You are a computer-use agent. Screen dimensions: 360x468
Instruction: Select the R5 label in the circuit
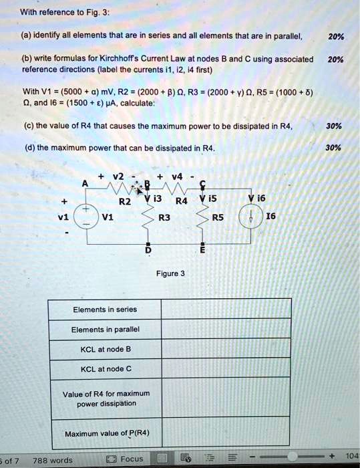pyautogui.click(x=218, y=217)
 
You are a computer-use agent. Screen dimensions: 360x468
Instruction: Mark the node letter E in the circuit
pyautogui.click(x=202, y=250)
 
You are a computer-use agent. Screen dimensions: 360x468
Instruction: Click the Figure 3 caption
pyautogui.click(x=169, y=273)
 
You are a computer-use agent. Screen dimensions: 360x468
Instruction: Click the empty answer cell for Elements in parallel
pyautogui.click(x=225, y=329)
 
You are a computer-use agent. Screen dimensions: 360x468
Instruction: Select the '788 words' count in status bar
pyautogui.click(x=52, y=460)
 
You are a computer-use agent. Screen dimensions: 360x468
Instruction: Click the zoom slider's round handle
pyautogui.click(x=291, y=457)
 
